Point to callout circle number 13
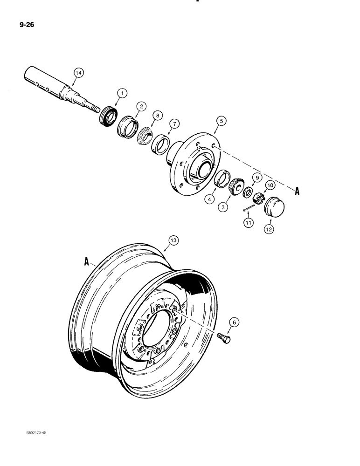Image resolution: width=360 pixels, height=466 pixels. click(x=173, y=240)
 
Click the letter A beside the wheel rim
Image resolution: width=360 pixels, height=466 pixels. click(x=86, y=262)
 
